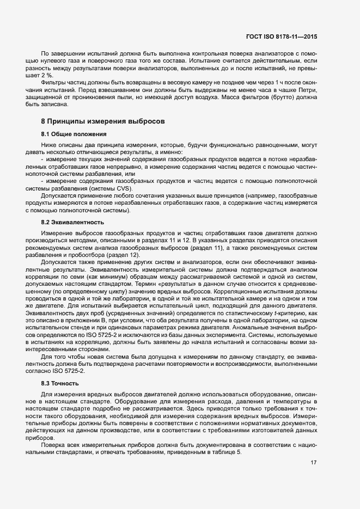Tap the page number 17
pos(314,463)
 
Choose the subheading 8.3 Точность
pos(60,384)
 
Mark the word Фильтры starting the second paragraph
pos(53,82)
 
